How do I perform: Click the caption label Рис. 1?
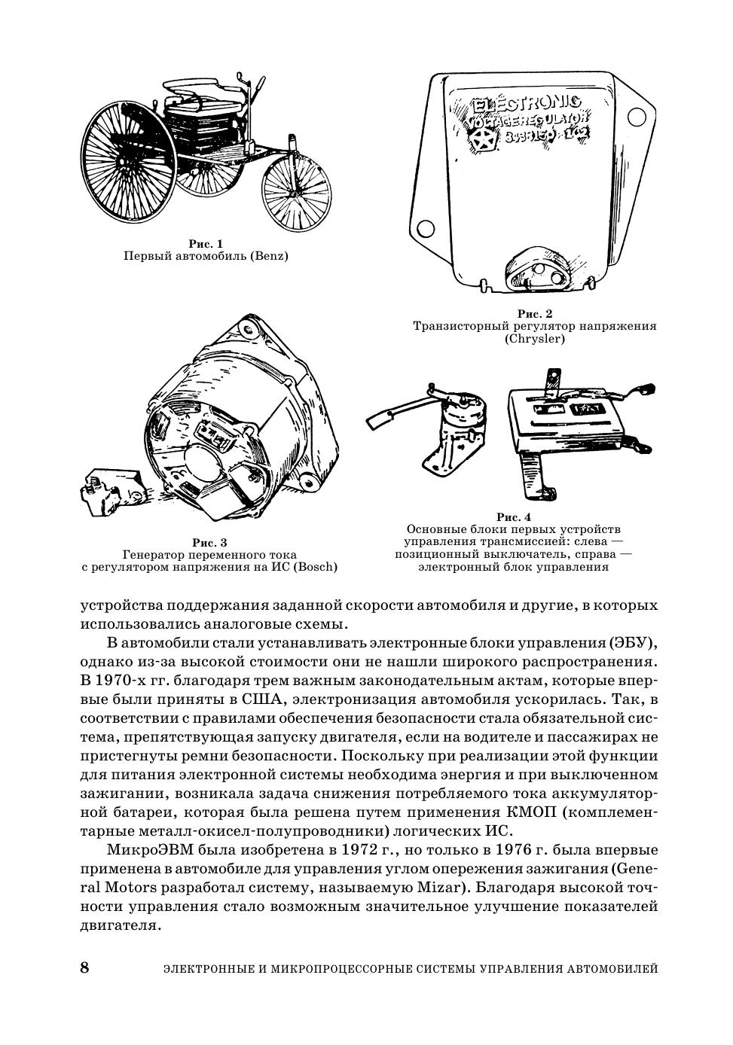[206, 244]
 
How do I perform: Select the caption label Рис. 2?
[535, 313]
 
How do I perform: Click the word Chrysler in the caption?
[535, 339]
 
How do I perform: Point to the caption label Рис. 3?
[209, 542]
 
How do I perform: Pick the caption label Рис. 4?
[514, 517]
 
